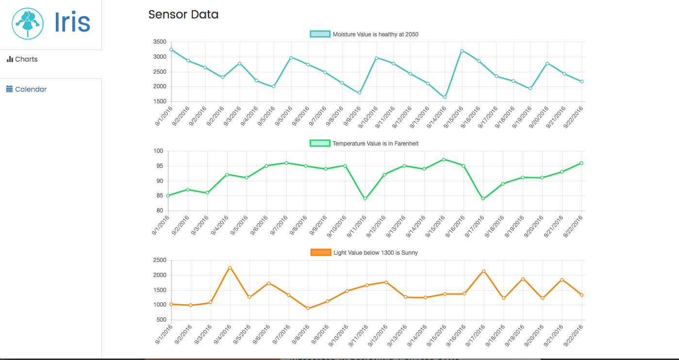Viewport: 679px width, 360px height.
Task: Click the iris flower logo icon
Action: (x=28, y=23)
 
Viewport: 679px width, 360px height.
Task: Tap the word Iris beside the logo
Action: (x=72, y=22)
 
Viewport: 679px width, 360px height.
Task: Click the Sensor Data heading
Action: (x=183, y=15)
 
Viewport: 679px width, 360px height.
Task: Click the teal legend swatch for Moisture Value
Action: (x=320, y=34)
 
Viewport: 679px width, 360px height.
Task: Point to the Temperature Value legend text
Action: (x=375, y=144)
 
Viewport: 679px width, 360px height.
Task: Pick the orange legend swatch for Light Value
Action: (x=320, y=253)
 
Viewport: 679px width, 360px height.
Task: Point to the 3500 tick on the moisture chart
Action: (x=159, y=42)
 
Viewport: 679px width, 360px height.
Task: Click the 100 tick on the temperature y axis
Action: (x=158, y=151)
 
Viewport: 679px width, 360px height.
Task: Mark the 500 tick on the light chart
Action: (x=161, y=320)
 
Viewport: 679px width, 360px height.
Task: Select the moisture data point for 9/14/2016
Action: (x=445, y=97)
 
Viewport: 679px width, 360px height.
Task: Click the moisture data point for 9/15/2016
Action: (x=462, y=51)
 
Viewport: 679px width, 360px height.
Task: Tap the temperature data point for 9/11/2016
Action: (x=365, y=198)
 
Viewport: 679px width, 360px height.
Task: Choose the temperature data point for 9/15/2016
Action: (x=444, y=159)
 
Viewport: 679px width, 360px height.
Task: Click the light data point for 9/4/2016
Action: (x=230, y=268)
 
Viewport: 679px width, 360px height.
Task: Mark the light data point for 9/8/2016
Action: (x=308, y=308)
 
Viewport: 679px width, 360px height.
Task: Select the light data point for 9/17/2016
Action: (x=483, y=271)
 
